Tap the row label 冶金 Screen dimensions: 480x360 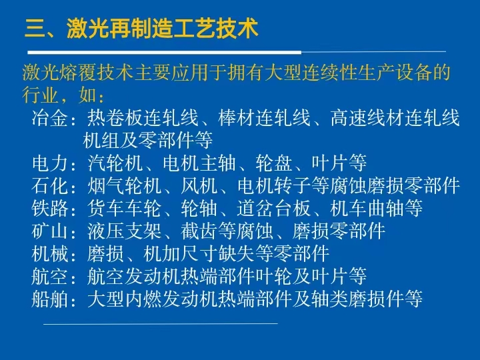(50, 118)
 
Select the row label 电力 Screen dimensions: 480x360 (50, 163)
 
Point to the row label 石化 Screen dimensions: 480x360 (50, 185)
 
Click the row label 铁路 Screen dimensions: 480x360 (50, 208)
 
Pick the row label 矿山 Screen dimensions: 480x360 (50, 231)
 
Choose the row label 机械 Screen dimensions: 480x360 (50, 253)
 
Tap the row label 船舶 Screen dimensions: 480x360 (50, 299)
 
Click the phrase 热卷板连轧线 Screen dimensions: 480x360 (143, 118)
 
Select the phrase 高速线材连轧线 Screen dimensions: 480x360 (395, 118)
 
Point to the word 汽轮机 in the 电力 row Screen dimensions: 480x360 (115, 163)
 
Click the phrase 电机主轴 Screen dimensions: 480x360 (199, 163)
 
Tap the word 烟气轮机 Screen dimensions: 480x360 (124, 185)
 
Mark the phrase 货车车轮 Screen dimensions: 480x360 (124, 208)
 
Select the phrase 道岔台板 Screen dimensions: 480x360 (274, 208)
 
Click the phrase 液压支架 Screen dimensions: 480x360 (124, 231)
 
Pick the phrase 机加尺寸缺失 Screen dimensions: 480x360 (199, 253)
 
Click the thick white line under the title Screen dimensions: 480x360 (165, 53)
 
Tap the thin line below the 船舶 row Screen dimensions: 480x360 (161, 323)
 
